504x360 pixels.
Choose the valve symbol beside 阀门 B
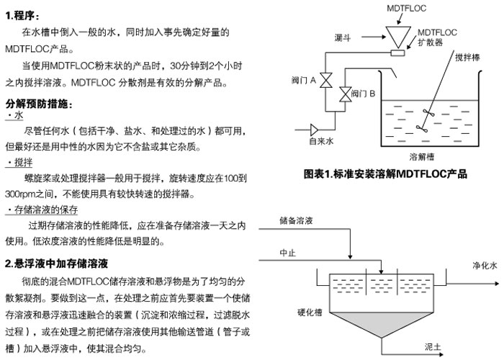click(343, 94)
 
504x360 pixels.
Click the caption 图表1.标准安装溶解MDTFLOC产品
click(386, 174)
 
